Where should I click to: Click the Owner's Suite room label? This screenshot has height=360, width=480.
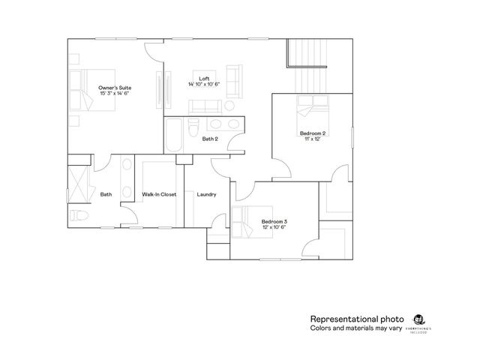point(114,88)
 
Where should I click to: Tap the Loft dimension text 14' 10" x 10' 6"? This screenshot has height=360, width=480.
point(203,84)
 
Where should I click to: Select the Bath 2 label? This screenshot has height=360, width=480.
point(210,139)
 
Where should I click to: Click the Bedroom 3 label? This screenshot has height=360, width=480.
point(274,221)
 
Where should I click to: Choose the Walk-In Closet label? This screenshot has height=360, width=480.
point(159,194)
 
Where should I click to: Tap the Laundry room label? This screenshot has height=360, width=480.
point(206,194)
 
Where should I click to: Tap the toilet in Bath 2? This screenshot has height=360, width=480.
point(193,123)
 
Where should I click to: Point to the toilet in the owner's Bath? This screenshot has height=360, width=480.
point(82,216)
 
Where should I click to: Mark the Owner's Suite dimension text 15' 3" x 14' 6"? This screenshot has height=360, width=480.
point(114,94)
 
